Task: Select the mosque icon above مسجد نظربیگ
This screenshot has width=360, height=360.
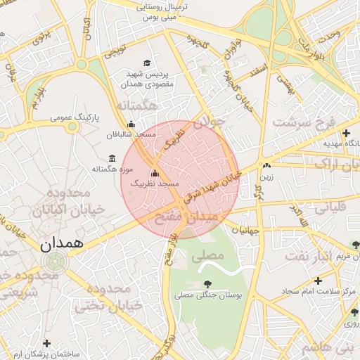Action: point(155,173)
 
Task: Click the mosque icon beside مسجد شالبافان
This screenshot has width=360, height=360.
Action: point(131,124)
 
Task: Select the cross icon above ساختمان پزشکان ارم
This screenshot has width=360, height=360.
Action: point(46,343)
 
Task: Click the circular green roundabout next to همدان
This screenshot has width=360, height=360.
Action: point(53,263)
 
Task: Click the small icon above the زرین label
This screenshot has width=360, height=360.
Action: point(266,166)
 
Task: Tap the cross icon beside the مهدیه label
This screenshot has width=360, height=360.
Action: point(345,132)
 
